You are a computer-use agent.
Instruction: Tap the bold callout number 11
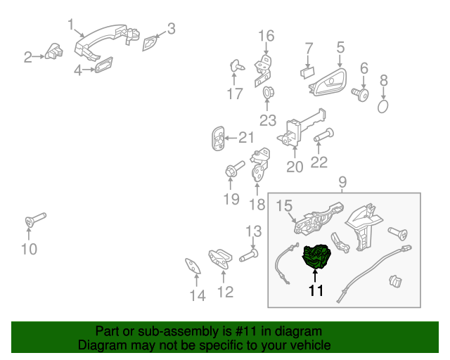point(316,290)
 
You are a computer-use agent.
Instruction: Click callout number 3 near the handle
point(171,29)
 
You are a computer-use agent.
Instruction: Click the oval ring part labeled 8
point(383,106)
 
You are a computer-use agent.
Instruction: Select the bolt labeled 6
point(364,94)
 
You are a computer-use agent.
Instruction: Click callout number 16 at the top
point(266,36)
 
